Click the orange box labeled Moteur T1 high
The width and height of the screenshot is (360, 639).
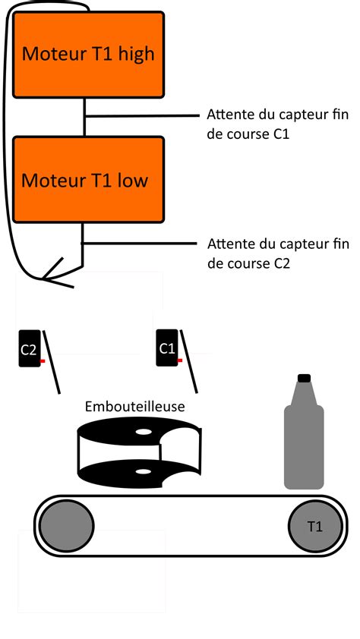89,53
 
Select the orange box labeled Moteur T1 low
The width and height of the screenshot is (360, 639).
89,180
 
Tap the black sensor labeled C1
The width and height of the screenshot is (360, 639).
167,349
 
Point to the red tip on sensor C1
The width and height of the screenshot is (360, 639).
180,360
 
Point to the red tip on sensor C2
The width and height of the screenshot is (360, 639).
43,360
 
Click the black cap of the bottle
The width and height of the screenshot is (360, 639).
304,378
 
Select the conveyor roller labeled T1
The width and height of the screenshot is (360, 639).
314,525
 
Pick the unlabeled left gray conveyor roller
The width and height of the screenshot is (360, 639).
67,525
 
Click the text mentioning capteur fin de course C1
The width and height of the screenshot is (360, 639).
277,124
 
